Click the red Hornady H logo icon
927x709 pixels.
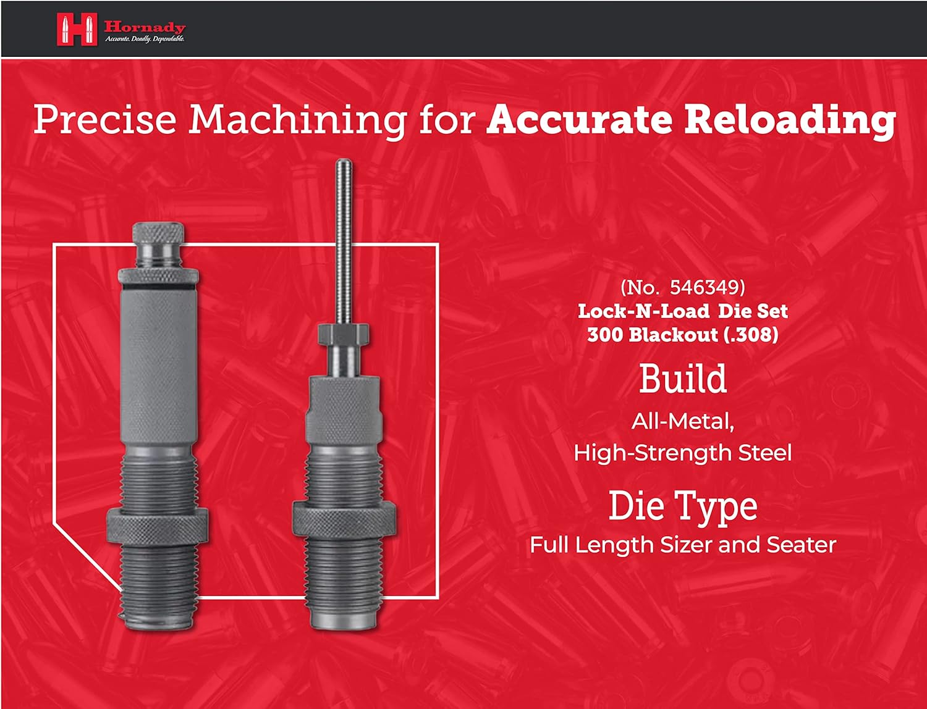coord(77,28)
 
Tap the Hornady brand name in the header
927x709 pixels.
coord(145,27)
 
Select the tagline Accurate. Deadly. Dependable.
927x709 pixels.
coord(145,40)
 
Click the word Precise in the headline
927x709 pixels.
coord(104,119)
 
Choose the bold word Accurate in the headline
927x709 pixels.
coord(578,119)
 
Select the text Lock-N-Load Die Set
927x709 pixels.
coord(683,312)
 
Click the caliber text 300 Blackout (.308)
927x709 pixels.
coord(683,335)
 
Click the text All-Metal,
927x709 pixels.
coord(683,422)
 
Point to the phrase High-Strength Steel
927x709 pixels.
coord(683,453)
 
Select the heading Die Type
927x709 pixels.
coord(683,507)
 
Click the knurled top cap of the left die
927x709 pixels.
coord(158,233)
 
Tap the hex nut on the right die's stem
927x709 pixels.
coord(344,334)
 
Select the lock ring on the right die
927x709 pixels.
coord(344,521)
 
